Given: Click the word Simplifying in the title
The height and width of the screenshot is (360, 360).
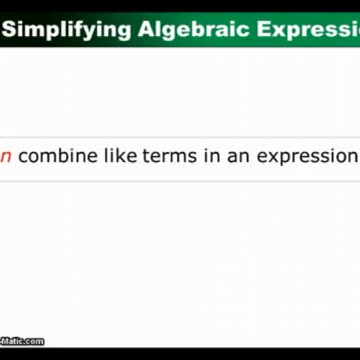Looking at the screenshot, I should click(68, 30).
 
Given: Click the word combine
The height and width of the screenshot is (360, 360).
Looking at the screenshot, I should click(58, 156).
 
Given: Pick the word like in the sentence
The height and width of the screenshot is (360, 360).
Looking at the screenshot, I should click(120, 156).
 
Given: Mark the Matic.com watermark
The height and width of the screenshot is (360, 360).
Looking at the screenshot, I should click(22, 341).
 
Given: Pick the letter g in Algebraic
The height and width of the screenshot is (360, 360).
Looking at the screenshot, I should click(167, 32).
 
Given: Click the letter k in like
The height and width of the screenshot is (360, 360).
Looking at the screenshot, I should click(122, 156).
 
